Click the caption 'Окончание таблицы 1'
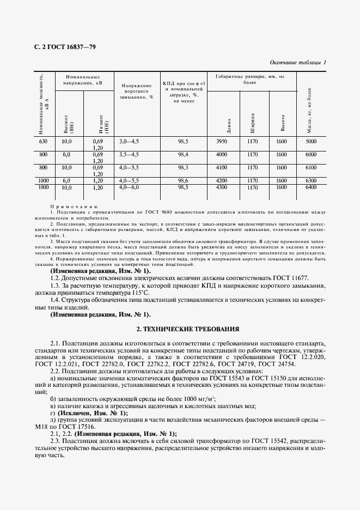297,63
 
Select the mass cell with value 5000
310,141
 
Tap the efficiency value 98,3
183,167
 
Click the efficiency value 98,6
183,180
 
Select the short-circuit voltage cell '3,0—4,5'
129,141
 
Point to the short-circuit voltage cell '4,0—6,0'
129,187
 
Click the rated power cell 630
44,141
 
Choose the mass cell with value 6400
310,187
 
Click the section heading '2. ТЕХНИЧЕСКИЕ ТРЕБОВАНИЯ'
180,329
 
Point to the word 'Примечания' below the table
74,207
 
